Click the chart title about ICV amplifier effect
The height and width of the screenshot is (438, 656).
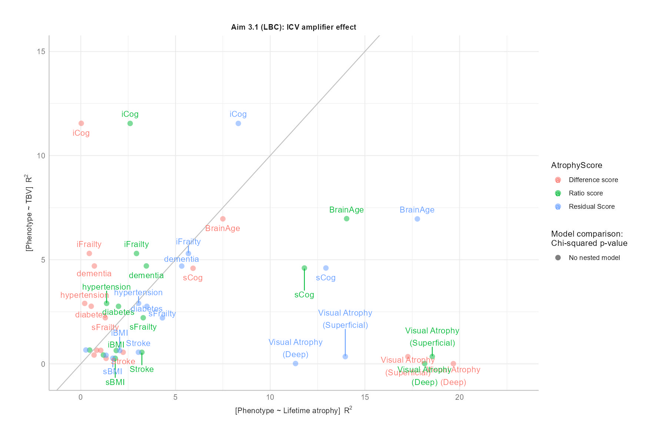pyautogui.click(x=293, y=27)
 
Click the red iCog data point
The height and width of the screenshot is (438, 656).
pyautogui.click(x=81, y=124)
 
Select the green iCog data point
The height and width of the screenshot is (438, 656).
pyautogui.click(x=130, y=124)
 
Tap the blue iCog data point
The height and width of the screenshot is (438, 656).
pyautogui.click(x=238, y=124)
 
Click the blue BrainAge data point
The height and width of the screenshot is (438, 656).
pyautogui.click(x=417, y=219)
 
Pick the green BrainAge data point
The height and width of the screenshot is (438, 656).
pyautogui.click(x=347, y=219)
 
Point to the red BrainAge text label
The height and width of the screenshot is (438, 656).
pyautogui.click(x=222, y=228)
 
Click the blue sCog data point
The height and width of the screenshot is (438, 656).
pyautogui.click(x=326, y=268)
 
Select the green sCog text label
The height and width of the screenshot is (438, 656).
pyautogui.click(x=304, y=295)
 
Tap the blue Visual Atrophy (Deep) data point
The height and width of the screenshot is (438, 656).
pyautogui.click(x=296, y=363)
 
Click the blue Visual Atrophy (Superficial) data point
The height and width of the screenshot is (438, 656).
pyautogui.click(x=345, y=357)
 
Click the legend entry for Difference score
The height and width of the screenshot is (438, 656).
pyautogui.click(x=593, y=180)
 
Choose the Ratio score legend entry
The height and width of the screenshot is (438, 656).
pyautogui.click(x=586, y=193)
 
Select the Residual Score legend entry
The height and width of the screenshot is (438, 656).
pyautogui.click(x=592, y=207)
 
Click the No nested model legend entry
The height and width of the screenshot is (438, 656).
pyautogui.click(x=594, y=258)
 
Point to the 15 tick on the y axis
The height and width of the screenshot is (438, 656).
pyautogui.click(x=41, y=52)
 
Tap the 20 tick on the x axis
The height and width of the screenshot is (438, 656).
pyautogui.click(x=459, y=397)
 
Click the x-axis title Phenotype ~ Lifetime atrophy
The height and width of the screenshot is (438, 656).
pyautogui.click(x=293, y=411)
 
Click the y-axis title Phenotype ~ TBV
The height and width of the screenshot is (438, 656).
pyautogui.click(x=29, y=213)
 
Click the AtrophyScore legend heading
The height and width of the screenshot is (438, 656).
pyautogui.click(x=576, y=165)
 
